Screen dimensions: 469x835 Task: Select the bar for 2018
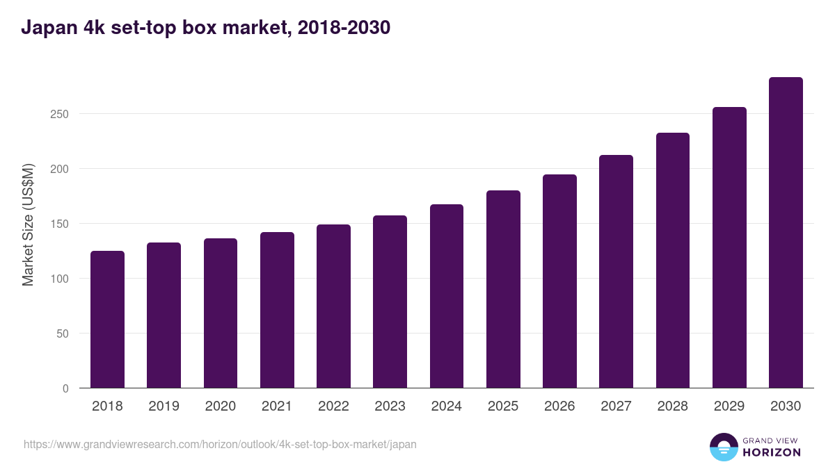coord(107,320)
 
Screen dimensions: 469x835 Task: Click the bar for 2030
coord(786,233)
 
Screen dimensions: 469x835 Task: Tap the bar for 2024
coord(447,296)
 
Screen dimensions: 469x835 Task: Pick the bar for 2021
coord(277,310)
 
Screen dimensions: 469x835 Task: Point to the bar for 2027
coord(616,272)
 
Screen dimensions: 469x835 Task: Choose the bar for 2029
coord(729,247)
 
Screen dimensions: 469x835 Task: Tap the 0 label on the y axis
coord(65,388)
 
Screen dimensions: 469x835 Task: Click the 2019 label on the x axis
coord(164,406)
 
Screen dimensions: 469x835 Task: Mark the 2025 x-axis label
coord(503,406)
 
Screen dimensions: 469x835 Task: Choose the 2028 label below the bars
coord(673,406)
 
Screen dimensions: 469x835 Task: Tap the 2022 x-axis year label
coord(333,406)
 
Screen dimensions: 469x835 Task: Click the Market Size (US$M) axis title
coord(28,224)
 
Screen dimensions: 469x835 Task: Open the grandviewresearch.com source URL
coord(220,444)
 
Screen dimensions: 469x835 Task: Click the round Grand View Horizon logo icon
coord(723,447)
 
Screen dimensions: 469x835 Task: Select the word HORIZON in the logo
coord(772,452)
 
